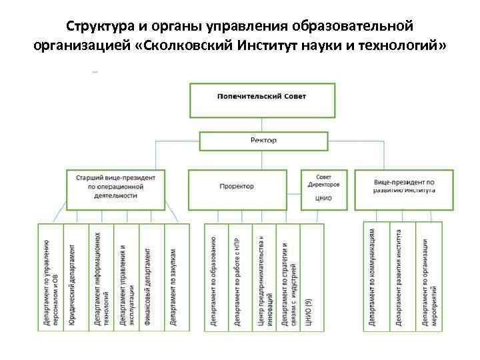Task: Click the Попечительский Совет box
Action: [x=261, y=98]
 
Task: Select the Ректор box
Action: [x=263, y=141]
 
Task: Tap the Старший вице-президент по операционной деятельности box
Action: [x=115, y=187]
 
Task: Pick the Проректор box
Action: [x=237, y=187]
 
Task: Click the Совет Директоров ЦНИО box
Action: [x=323, y=187]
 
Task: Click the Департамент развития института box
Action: [x=401, y=275]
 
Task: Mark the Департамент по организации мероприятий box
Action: [x=429, y=275]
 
